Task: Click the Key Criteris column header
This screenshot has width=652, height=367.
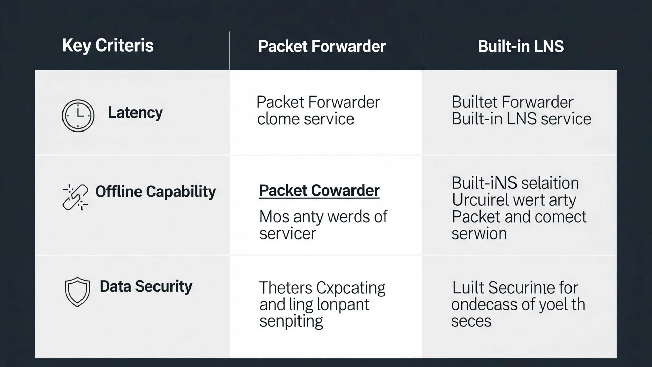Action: pos(108,46)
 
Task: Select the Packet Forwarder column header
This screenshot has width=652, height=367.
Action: pos(322,47)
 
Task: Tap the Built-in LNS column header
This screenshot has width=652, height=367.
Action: pos(521,47)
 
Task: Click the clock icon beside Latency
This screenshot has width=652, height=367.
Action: pos(78,116)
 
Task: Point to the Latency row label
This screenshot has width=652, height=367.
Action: pos(135,113)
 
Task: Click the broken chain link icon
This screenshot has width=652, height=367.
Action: pos(75,197)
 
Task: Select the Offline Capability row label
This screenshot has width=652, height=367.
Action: pos(156,192)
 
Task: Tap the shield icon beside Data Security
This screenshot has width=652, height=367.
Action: pos(77,292)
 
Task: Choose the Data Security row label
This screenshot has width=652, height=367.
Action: pos(146,286)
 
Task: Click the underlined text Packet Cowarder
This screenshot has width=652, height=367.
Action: pos(319,191)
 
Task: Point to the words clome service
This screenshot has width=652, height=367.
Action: pos(305,119)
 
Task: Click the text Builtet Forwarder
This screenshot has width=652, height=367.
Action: pos(512,102)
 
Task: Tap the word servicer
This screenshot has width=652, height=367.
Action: pos(288,234)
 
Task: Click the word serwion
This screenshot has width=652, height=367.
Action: pos(479,234)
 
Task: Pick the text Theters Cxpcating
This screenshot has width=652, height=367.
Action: pos(322,288)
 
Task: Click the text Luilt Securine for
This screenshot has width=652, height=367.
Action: pos(514,288)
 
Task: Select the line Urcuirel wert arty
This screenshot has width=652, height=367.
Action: pos(513,200)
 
